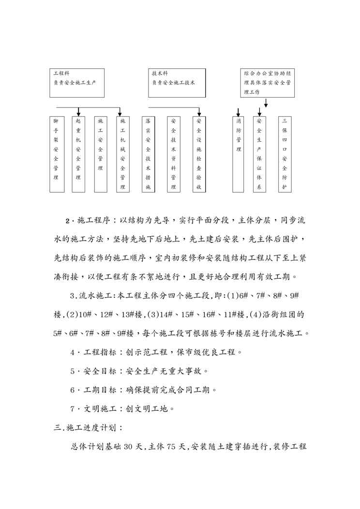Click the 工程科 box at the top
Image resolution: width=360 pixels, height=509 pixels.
77,82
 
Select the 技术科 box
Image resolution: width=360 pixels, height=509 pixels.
174,82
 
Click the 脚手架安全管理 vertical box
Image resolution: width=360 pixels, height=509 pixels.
56,154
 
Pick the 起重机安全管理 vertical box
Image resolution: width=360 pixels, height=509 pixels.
78,154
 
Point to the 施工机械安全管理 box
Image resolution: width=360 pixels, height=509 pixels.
123,154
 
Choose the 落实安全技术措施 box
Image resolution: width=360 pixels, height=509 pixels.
148,154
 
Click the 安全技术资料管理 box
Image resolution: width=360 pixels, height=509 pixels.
174,154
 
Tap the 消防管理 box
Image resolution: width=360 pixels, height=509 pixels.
239,154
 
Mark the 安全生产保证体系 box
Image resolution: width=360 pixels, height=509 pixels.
260,154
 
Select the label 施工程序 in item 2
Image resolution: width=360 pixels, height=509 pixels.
94,221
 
